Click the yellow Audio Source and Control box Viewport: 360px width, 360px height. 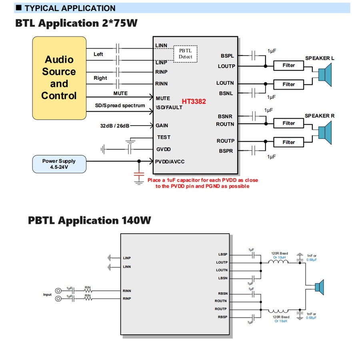[x=59, y=78]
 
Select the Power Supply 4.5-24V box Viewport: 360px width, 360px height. [x=59, y=164]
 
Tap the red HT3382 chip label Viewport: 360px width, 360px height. [x=194, y=102]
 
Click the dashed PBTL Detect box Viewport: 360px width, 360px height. [x=185, y=53]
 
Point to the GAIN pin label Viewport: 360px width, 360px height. [x=162, y=125]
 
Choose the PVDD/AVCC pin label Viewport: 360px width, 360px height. [x=170, y=162]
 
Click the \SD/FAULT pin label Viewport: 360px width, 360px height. [x=169, y=107]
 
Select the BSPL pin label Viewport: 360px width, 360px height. [x=227, y=56]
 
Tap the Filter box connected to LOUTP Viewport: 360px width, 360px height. [x=288, y=65]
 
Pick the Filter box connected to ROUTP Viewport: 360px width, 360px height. [x=288, y=142]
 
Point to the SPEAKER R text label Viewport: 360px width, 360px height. [x=320, y=116]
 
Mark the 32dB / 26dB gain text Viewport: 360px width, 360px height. [x=114, y=126]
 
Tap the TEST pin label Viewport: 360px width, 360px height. [x=164, y=137]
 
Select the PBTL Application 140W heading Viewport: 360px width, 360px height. [x=89, y=220]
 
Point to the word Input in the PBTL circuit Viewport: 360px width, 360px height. [x=48, y=295]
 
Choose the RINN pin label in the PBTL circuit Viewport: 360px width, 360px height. [x=127, y=291]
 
